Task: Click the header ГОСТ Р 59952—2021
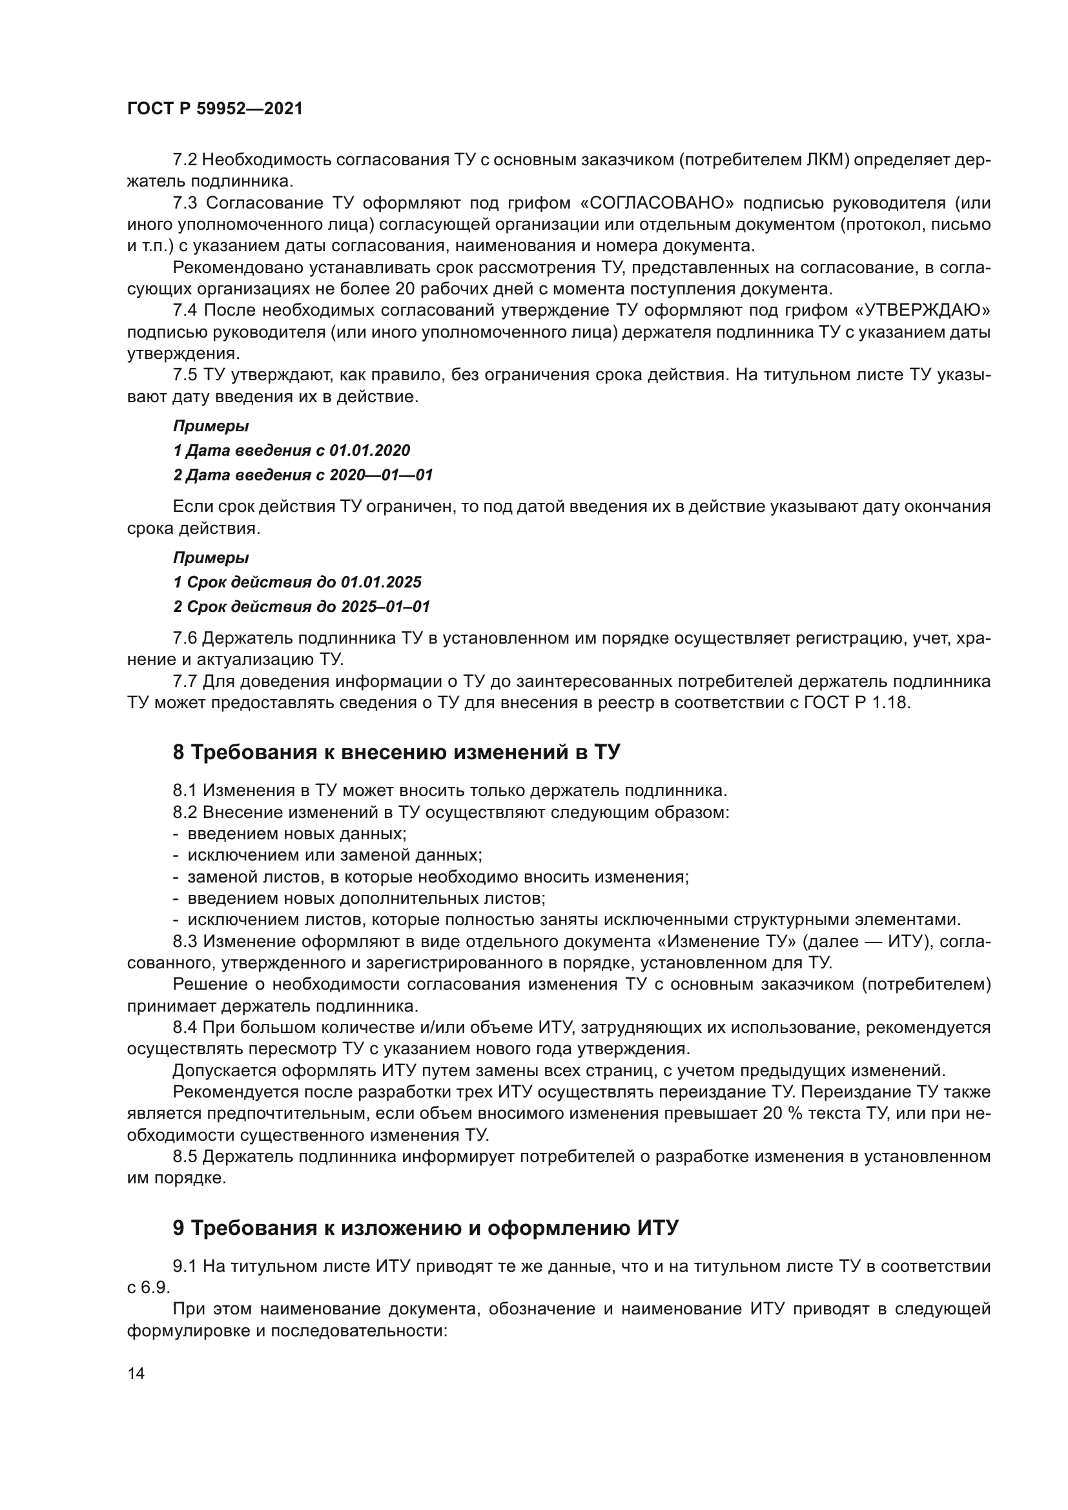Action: coord(215,109)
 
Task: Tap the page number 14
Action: coord(136,1373)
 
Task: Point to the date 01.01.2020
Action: coord(369,451)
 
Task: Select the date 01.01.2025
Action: coord(381,582)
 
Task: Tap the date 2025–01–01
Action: coord(385,606)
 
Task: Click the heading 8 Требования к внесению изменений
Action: coord(396,752)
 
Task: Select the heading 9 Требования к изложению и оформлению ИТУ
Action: coord(425,1228)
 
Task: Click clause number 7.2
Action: coord(185,160)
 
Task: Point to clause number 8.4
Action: coord(185,1027)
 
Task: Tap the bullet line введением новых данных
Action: coord(296,834)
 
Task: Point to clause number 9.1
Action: coord(185,1266)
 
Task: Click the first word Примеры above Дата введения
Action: coord(211,426)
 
